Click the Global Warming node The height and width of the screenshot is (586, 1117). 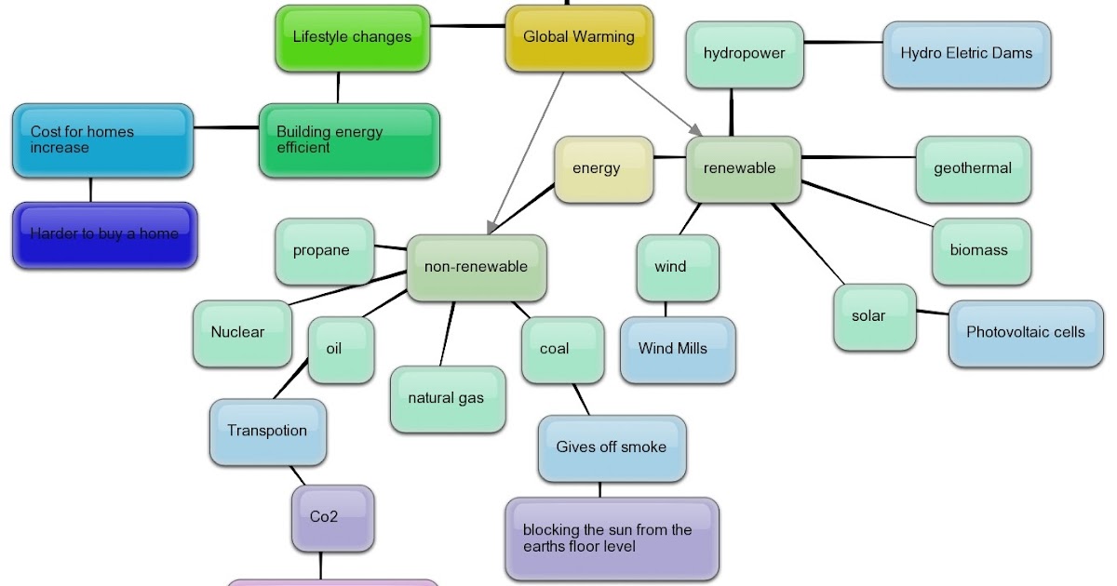(578, 38)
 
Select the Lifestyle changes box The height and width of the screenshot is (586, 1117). (352, 38)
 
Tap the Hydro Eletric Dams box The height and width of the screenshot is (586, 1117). (965, 54)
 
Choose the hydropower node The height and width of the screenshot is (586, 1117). (744, 54)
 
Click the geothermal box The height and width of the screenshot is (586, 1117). (973, 169)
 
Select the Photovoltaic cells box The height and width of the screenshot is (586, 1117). (1025, 333)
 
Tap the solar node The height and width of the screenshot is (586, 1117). (868, 317)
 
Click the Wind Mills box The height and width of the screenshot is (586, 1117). (672, 350)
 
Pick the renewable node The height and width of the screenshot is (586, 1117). (740, 169)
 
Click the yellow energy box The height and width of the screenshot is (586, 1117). (596, 169)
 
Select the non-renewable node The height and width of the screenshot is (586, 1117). (476, 268)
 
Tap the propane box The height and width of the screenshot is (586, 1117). (322, 251)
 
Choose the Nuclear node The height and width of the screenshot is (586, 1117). (238, 333)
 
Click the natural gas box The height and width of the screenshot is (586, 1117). (446, 399)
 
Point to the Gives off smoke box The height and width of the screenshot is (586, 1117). (611, 448)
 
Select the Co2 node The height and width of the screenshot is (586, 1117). (324, 518)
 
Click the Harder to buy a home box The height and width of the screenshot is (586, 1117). (104, 235)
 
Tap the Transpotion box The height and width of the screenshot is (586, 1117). (267, 432)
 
